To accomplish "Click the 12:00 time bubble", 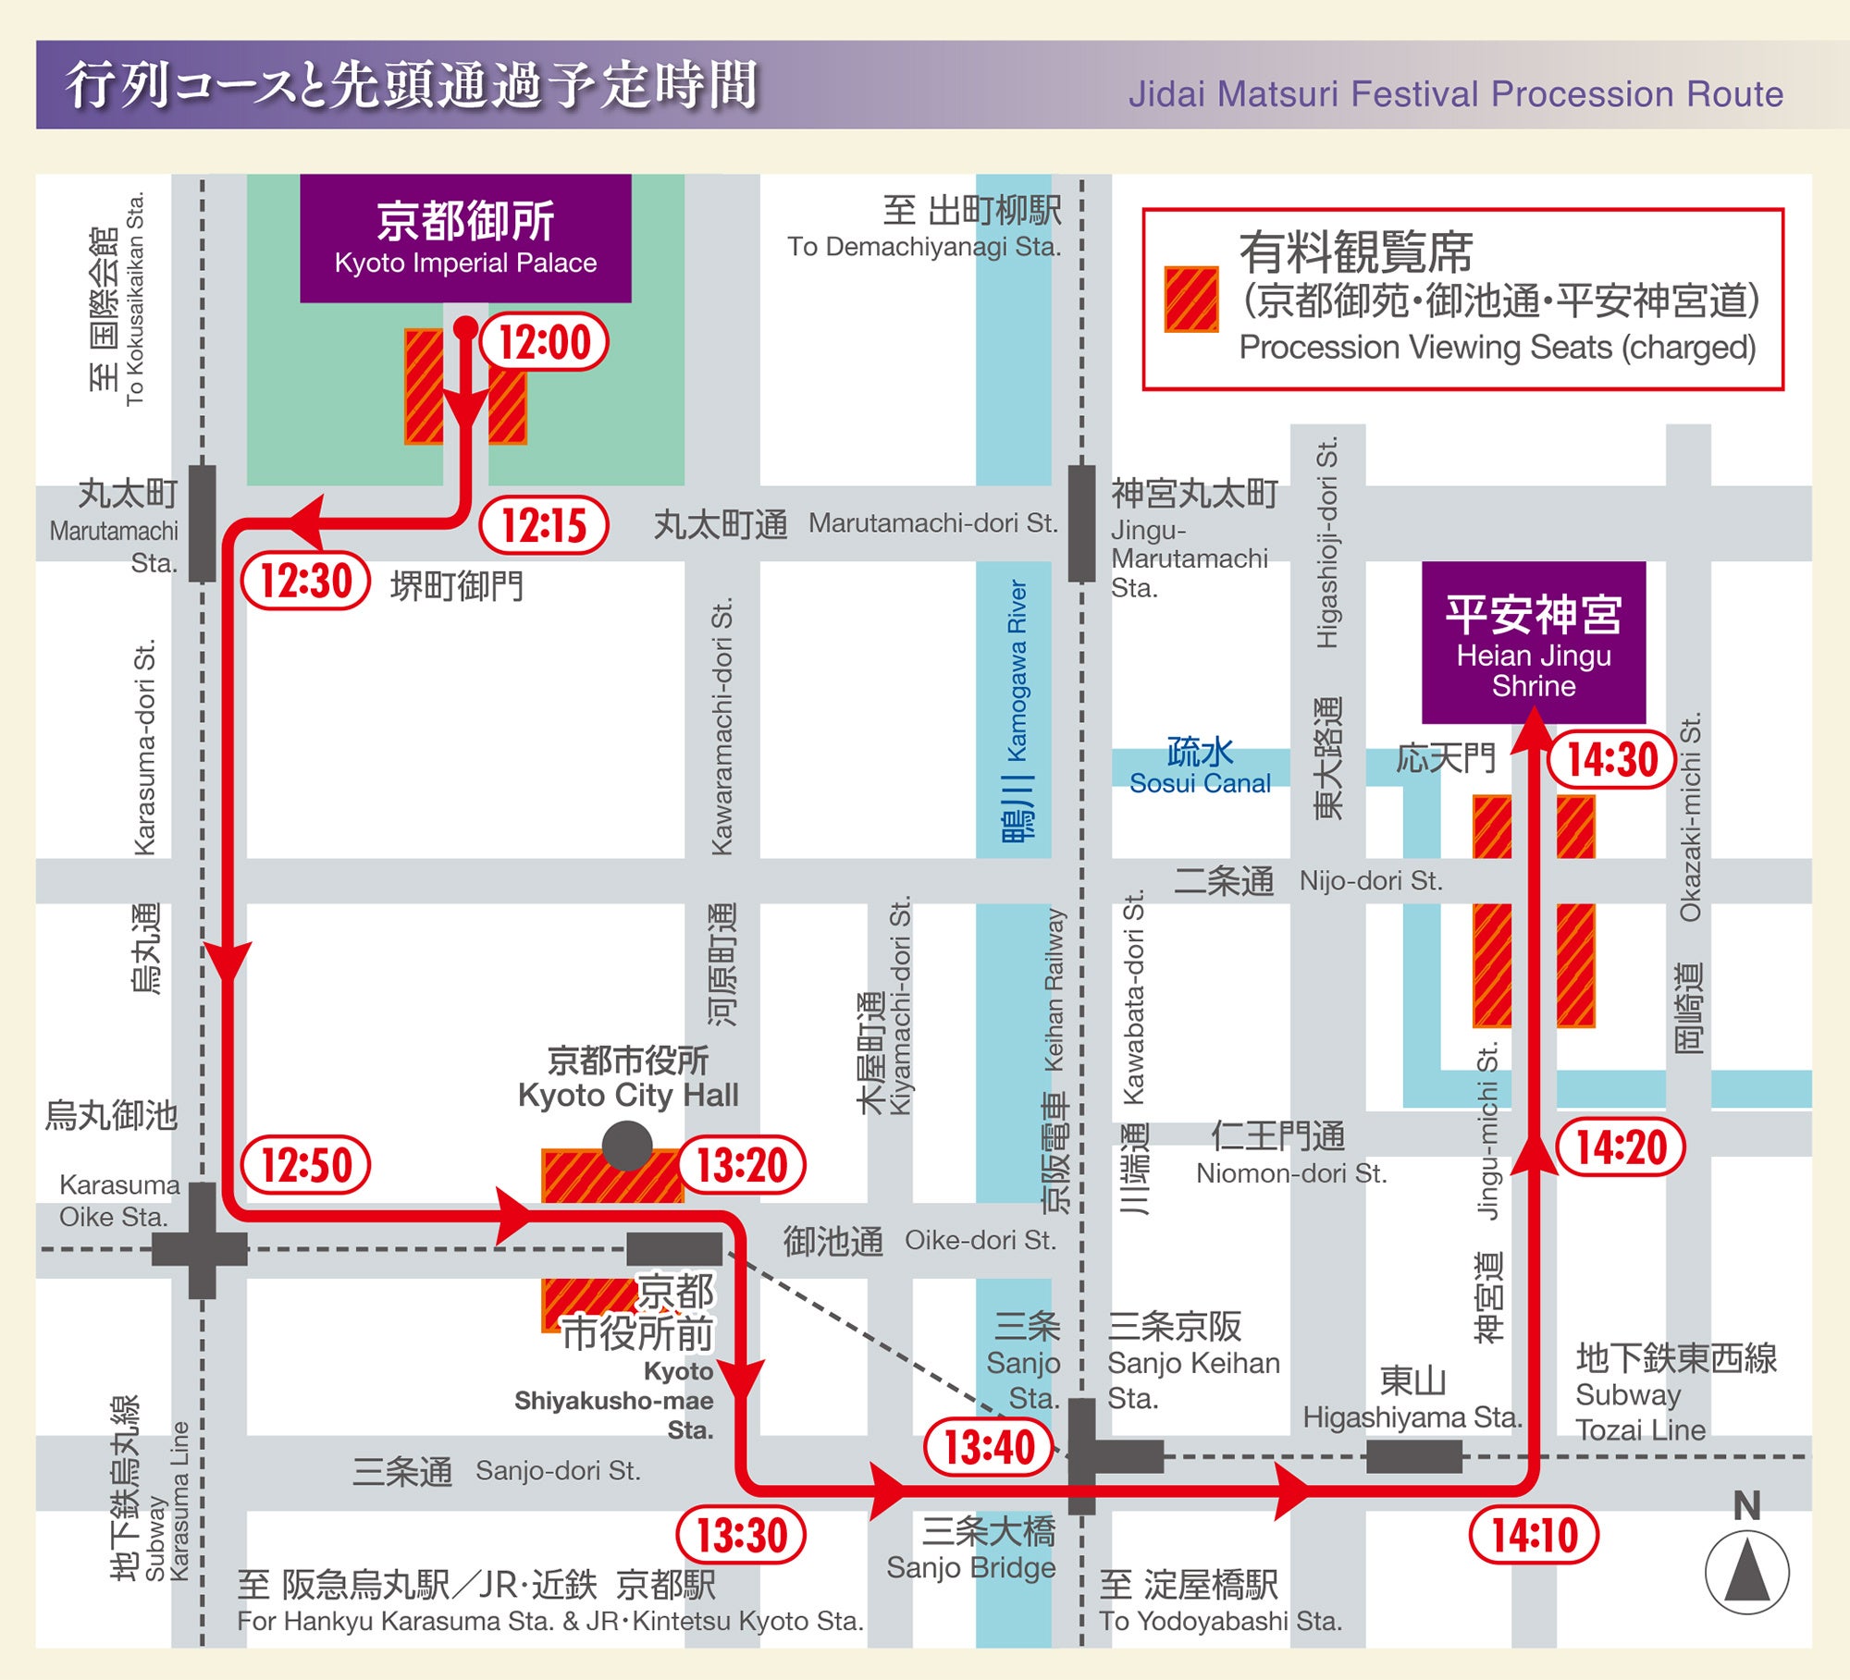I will coord(545,342).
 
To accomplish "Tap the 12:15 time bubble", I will coord(545,525).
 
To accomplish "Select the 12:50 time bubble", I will coord(306,1164).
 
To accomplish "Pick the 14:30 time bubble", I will coord(1612,759).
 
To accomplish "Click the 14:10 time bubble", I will coord(1535,1536).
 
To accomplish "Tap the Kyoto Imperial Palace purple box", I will coord(465,239).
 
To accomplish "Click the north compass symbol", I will coord(1746,1572).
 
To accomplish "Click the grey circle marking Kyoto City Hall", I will coord(627,1147).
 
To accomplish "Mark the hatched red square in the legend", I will coord(1191,300).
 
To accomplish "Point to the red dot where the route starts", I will coord(466,327).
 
